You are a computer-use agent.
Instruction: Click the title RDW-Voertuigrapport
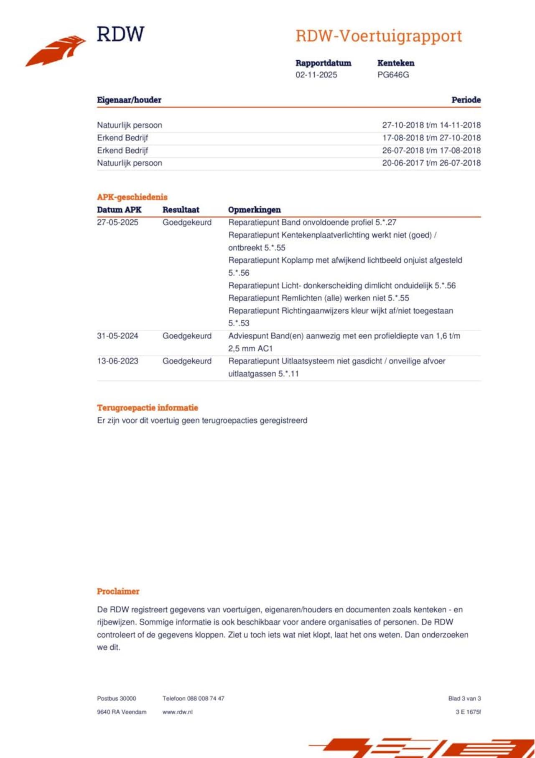tap(379, 36)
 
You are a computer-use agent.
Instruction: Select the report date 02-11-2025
tap(316, 75)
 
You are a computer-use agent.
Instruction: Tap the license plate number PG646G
tap(393, 75)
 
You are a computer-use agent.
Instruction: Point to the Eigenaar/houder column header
tap(129, 100)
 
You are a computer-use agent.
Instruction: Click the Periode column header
tap(466, 100)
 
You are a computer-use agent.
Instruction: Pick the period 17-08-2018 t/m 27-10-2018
tap(431, 138)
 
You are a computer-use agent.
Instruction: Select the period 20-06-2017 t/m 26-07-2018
tap(431, 163)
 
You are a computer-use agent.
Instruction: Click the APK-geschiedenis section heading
tap(132, 197)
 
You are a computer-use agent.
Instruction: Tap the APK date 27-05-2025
tap(117, 223)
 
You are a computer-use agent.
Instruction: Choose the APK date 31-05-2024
tap(117, 336)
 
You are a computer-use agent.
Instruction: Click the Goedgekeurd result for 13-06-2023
tap(187, 361)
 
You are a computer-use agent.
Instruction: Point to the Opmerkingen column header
tap(254, 210)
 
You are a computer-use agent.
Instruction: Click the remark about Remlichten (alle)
tap(318, 298)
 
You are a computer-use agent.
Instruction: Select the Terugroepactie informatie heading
tap(148, 408)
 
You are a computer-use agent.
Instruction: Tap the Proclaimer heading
tap(118, 592)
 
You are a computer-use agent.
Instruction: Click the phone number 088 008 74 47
tap(205, 699)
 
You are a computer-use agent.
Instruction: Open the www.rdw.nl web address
tap(177, 712)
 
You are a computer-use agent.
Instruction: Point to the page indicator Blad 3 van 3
tap(464, 699)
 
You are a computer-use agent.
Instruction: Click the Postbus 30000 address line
tap(116, 699)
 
